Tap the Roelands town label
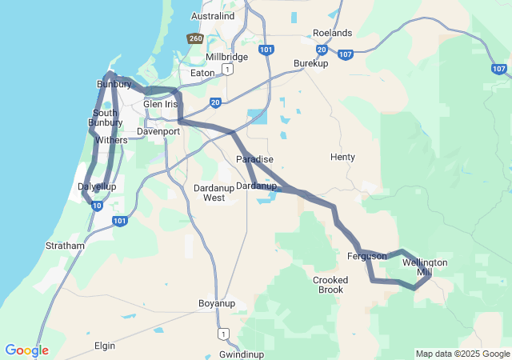(332, 33)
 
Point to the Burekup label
(311, 62)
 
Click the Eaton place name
(202, 73)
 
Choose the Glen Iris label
(161, 104)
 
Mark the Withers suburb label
(111, 140)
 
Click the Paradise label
(254, 159)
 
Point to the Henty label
(342, 157)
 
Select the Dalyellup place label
(97, 186)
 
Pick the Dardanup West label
(214, 192)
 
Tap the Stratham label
(65, 246)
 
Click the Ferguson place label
(367, 256)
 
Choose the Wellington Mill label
(425, 267)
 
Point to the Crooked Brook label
(328, 284)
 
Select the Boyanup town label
(216, 304)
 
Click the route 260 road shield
(195, 38)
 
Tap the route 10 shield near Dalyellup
(96, 206)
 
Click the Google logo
(26, 350)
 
